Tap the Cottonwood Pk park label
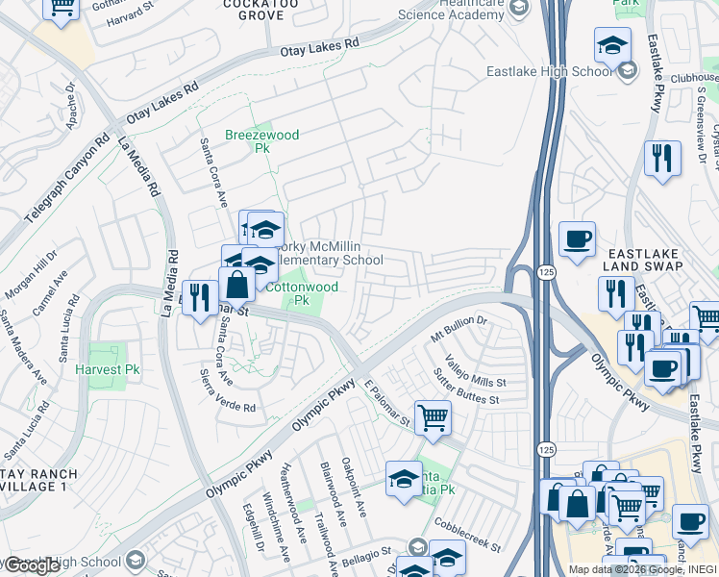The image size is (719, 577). [x=301, y=293]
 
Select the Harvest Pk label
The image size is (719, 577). [x=106, y=369]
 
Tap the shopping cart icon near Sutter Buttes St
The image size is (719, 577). [x=434, y=418]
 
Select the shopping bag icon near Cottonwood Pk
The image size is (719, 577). [x=236, y=285]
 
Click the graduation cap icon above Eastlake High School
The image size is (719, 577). [x=611, y=44]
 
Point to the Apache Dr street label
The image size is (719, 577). [x=69, y=105]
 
